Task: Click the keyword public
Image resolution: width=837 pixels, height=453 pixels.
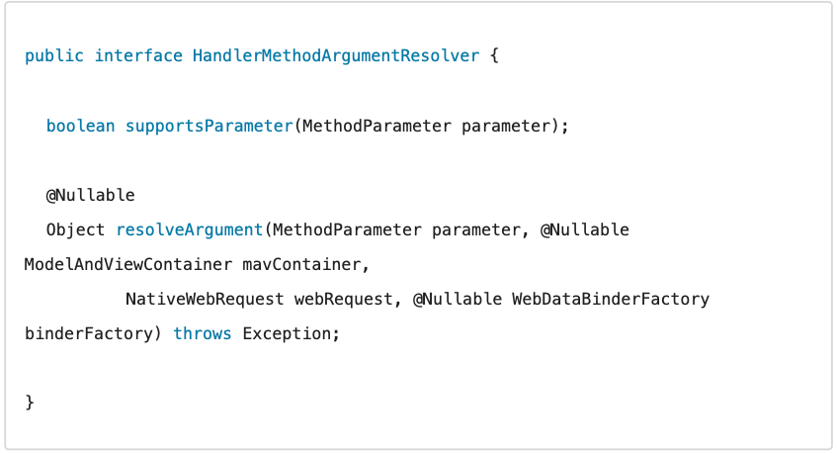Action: tap(54, 56)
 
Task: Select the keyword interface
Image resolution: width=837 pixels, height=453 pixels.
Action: tap(138, 56)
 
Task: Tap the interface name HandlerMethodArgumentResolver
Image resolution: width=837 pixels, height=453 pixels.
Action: tap(336, 56)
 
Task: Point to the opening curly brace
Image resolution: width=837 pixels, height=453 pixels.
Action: tap(495, 56)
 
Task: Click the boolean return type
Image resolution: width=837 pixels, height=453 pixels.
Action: tap(80, 126)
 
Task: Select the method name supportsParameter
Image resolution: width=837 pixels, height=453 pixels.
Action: tap(209, 126)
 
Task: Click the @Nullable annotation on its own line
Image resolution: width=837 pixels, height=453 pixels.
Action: tap(90, 195)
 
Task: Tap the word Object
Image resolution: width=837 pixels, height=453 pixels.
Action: tap(75, 229)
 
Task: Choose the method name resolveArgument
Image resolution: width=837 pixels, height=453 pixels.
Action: tap(189, 229)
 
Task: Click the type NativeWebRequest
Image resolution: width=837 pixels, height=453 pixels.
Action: tap(204, 299)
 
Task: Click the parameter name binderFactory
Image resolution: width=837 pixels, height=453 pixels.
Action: tap(89, 333)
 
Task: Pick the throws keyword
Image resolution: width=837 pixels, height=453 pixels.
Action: tap(203, 333)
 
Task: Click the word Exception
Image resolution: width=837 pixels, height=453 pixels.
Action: tap(287, 333)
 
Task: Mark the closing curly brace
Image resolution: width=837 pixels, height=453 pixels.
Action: tap(30, 403)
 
